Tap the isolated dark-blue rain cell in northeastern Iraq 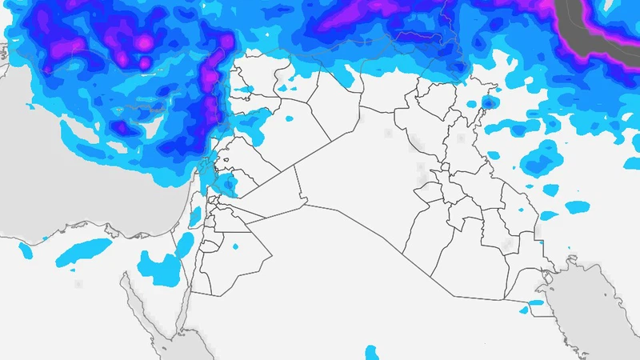coord(487,102)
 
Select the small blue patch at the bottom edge coord(371,352)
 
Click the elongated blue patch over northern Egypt coord(84,250)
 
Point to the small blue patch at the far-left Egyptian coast coord(26,251)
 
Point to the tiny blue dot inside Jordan coord(237,246)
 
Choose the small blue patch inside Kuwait coord(534,302)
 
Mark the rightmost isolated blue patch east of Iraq coord(577,207)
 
